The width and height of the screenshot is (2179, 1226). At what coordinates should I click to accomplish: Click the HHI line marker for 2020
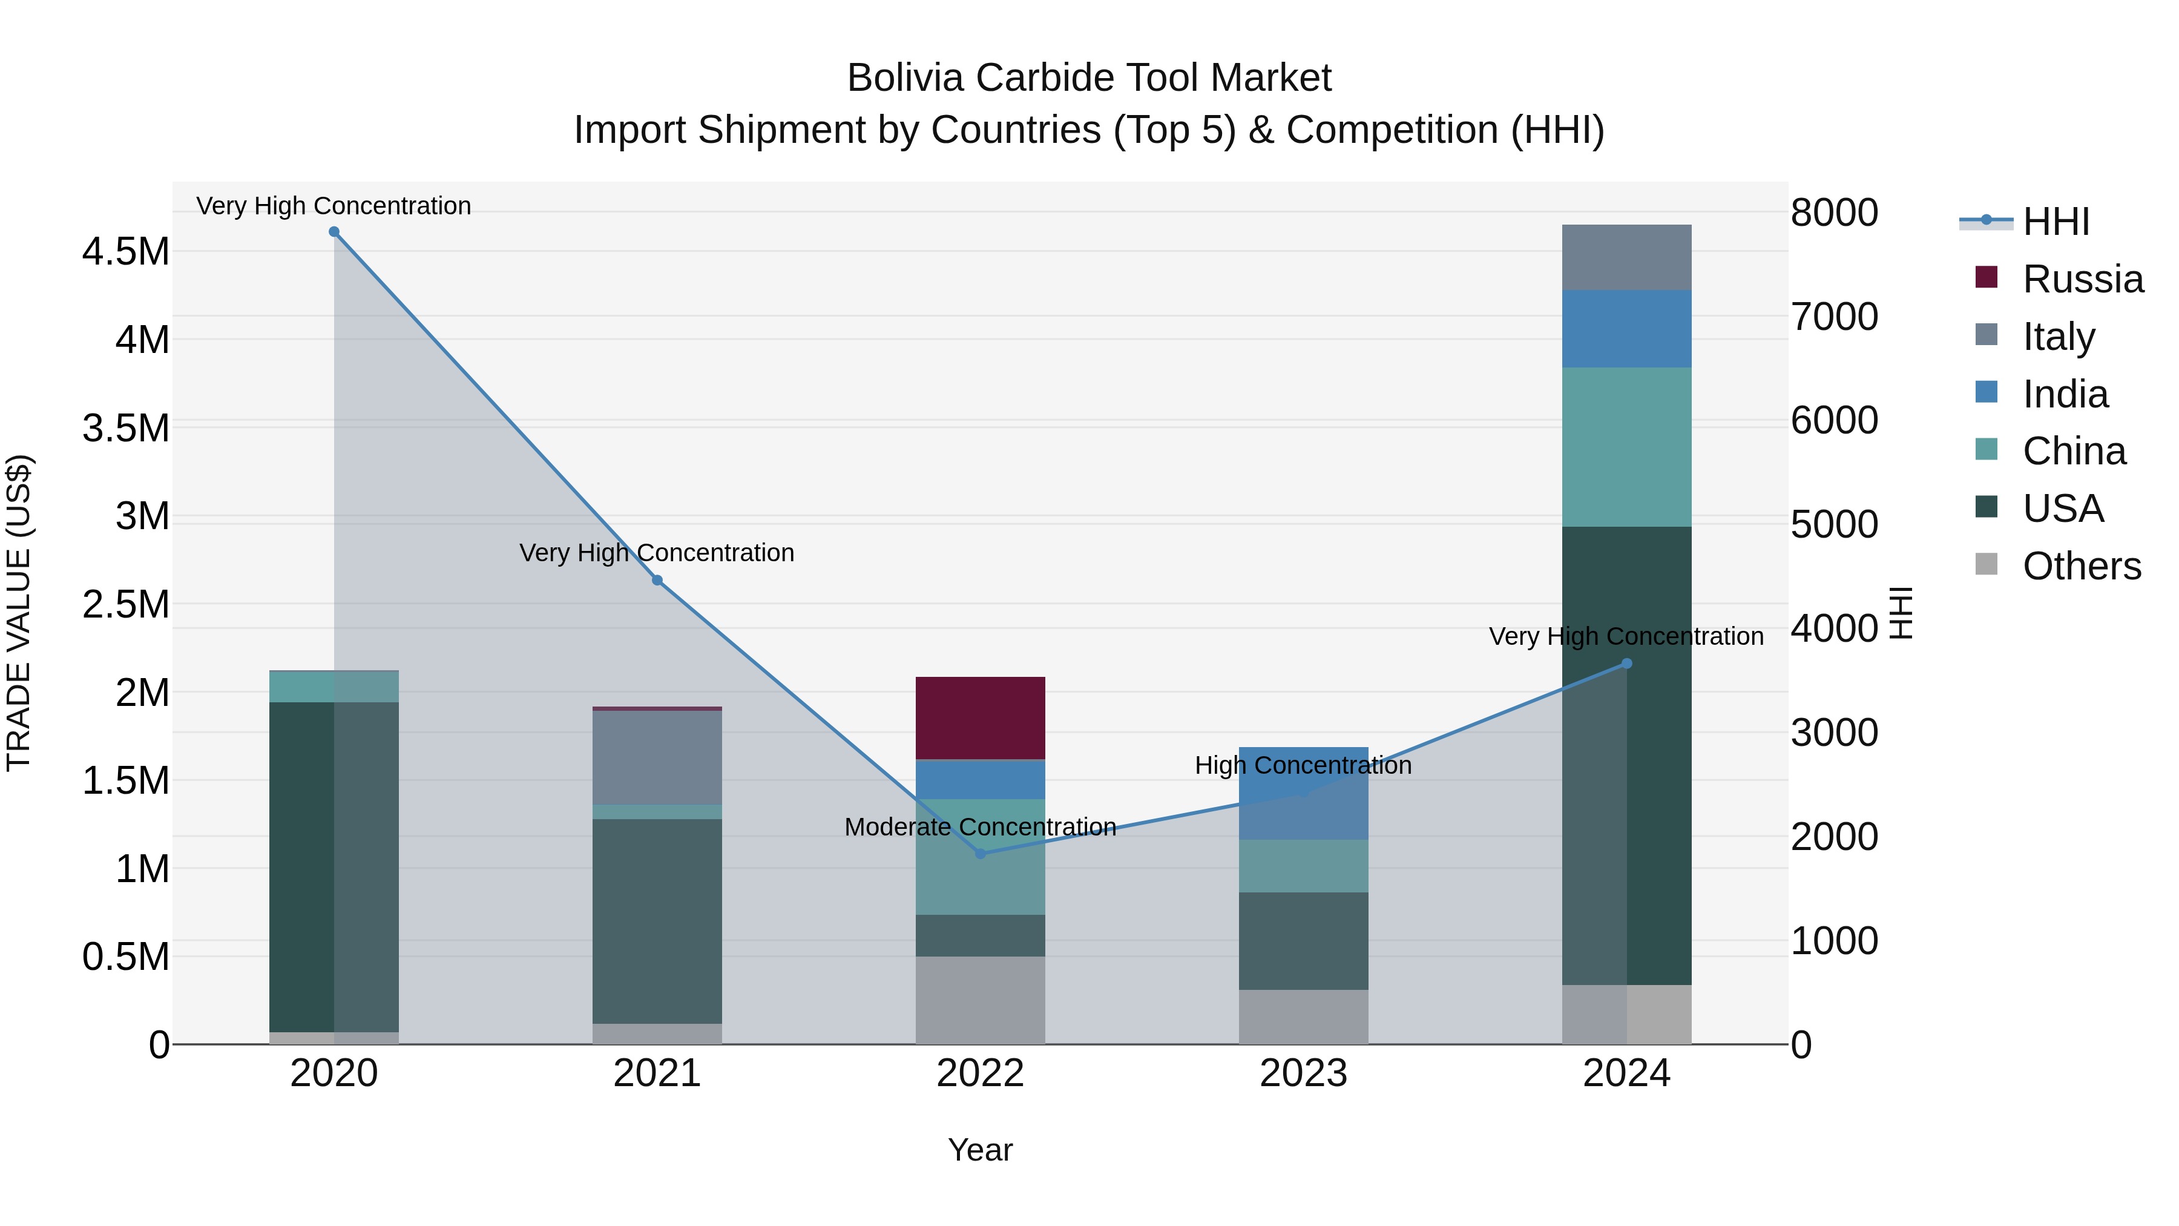click(334, 232)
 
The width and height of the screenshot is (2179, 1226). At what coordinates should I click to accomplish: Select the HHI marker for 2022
click(981, 854)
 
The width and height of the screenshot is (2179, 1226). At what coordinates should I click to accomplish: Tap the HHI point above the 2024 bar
click(1626, 664)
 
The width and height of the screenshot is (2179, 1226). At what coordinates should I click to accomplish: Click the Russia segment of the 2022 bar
click(981, 717)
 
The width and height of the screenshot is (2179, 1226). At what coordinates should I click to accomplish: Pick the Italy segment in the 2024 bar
click(1626, 257)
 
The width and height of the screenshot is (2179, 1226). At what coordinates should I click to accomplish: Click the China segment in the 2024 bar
click(1626, 447)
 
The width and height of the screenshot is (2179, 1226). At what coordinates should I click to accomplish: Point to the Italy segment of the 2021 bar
click(657, 757)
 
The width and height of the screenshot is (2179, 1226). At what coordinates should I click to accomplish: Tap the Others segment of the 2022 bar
click(981, 1000)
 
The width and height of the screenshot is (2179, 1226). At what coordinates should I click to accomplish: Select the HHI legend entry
click(2056, 222)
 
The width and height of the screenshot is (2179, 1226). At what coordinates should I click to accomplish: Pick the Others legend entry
click(2082, 566)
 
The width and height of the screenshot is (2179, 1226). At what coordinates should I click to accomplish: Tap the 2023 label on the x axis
click(1304, 1073)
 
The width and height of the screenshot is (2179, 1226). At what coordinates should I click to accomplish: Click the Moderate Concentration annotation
click(981, 826)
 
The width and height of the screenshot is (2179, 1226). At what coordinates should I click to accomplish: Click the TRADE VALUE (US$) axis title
click(19, 613)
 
